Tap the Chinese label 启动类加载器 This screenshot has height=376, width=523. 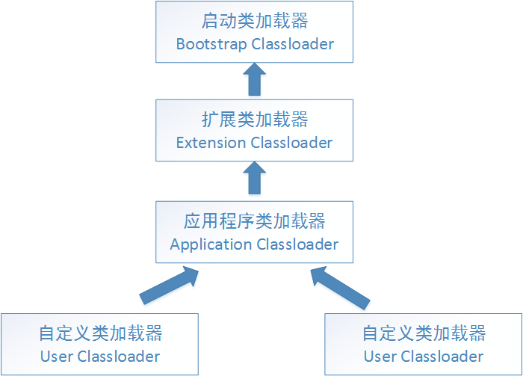pyautogui.click(x=255, y=20)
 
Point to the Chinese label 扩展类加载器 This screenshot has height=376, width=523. pyautogui.click(x=255, y=120)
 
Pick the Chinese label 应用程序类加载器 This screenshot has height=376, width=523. pyautogui.click(x=255, y=221)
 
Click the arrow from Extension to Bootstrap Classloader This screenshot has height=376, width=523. pyautogui.click(x=255, y=79)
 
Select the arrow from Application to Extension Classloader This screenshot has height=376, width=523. pyautogui.click(x=255, y=179)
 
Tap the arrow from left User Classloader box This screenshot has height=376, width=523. pyautogui.click(x=170, y=287)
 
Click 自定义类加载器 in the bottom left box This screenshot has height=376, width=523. pyautogui.click(x=101, y=333)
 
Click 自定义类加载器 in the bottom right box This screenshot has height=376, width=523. pyautogui.click(x=424, y=333)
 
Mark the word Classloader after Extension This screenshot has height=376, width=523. pyautogui.click(x=291, y=143)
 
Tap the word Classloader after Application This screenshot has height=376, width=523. pyautogui.click(x=297, y=244)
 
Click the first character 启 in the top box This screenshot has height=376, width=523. pyautogui.click(x=211, y=20)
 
